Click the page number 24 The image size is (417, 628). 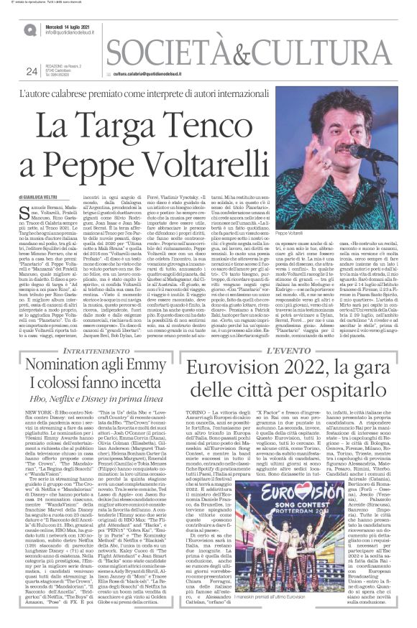(31, 70)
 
